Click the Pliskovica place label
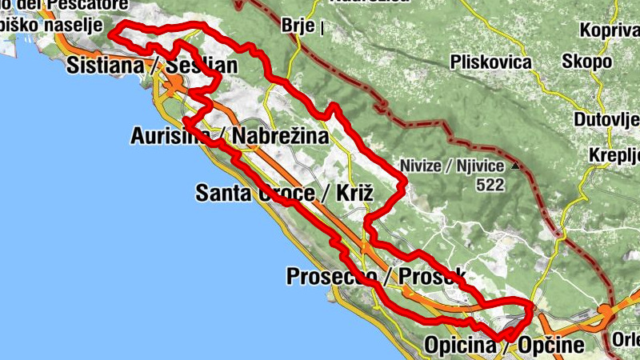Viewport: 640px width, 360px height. tap(491, 62)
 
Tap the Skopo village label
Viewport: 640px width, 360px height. tap(587, 62)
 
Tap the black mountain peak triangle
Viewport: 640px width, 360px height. tap(517, 166)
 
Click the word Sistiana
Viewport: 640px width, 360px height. tap(105, 65)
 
